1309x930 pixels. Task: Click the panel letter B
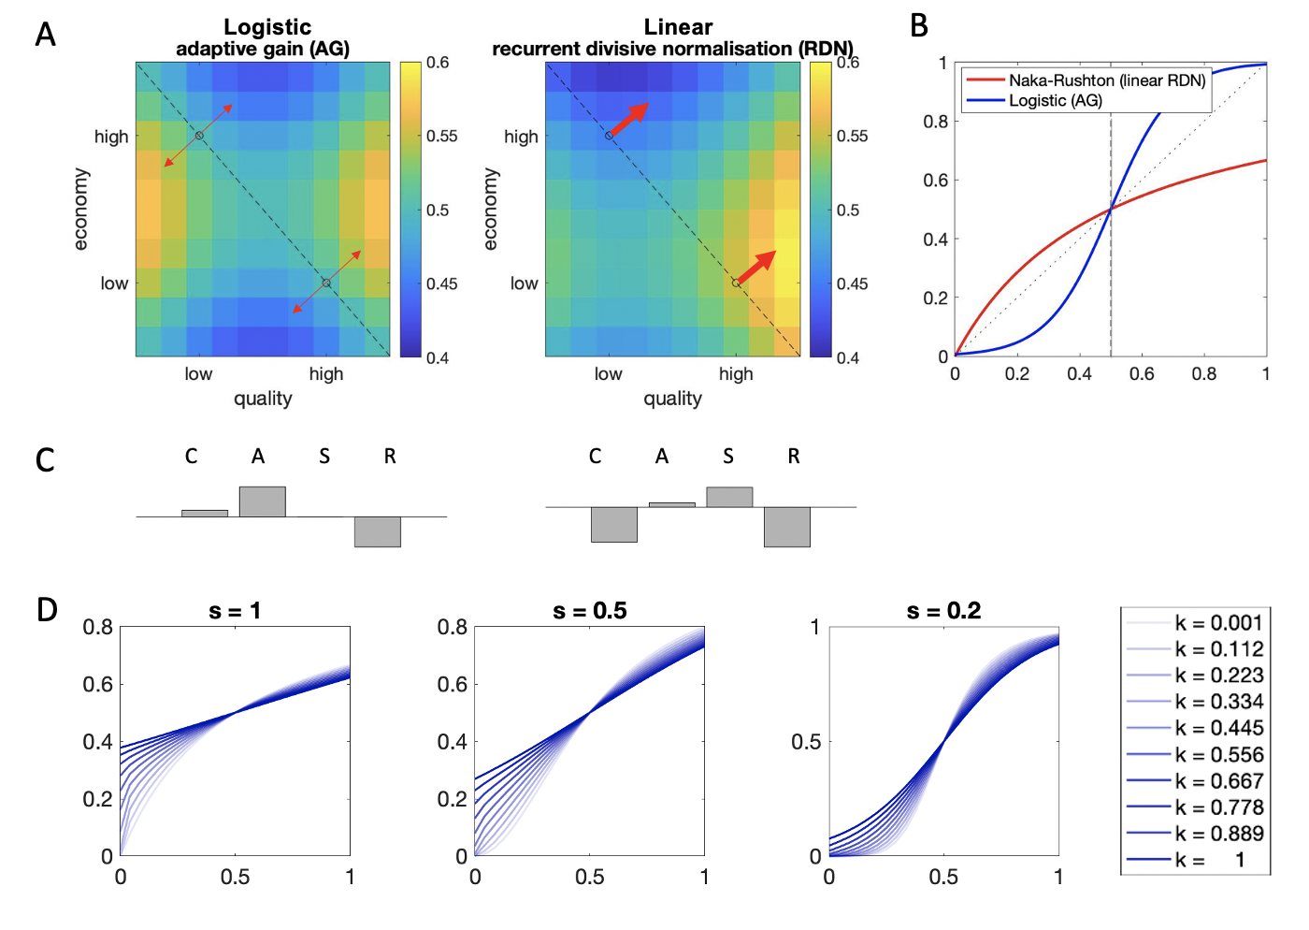[919, 26]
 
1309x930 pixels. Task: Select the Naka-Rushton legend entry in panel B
[1106, 80]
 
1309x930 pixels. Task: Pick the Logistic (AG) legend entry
[1055, 100]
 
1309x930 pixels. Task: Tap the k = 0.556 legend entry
[1218, 754]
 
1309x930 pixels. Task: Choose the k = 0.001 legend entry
[1218, 623]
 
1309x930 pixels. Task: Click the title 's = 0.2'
[943, 611]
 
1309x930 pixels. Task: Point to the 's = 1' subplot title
[235, 611]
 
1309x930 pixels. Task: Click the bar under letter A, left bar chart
[263, 501]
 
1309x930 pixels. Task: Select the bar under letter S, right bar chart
[729, 497]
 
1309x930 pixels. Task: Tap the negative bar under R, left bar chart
[378, 531]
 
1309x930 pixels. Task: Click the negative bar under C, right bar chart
[614, 524]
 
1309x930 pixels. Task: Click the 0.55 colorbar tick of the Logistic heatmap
[441, 136]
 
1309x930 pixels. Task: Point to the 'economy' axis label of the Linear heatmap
[491, 209]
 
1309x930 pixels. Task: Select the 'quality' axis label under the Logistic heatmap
[263, 399]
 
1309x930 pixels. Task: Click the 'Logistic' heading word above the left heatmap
[267, 27]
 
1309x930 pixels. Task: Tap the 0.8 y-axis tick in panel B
[935, 122]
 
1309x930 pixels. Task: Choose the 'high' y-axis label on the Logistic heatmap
[111, 137]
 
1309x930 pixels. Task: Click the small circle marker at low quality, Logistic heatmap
[199, 136]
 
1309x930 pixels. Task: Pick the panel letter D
[47, 610]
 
